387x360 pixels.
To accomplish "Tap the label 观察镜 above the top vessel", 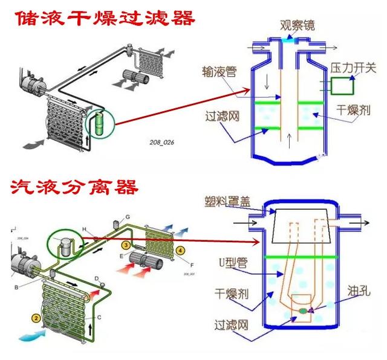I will (x=296, y=25).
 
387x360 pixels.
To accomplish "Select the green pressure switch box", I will (x=343, y=87).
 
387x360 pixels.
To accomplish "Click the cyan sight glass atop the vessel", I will (x=288, y=39).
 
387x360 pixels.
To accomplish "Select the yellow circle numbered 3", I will (x=125, y=245).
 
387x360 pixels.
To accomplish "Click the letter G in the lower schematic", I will (x=128, y=216).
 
